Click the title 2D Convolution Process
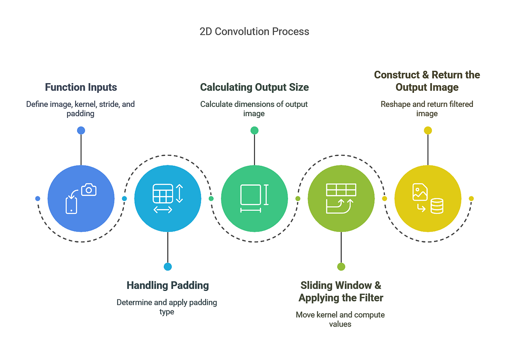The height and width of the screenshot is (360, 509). [254, 31]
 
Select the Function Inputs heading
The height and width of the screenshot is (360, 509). [81, 87]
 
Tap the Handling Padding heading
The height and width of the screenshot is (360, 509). [168, 285]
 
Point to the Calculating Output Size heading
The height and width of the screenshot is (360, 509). [255, 87]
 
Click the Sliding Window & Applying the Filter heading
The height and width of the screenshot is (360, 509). [341, 291]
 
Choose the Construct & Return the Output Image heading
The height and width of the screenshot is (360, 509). [427, 81]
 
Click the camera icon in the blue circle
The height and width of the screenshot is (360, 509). [89, 190]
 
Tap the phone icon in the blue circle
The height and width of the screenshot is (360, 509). [72, 205]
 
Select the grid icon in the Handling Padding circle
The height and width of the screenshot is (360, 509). [163, 193]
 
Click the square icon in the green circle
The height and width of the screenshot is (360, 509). [250, 195]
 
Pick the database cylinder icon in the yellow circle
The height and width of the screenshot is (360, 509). [437, 207]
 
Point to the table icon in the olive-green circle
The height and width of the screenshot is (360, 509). [341, 190]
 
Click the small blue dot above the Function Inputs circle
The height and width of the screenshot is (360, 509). [81, 131]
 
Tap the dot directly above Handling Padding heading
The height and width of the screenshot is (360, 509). [168, 266]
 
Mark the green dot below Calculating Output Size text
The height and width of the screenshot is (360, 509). [255, 131]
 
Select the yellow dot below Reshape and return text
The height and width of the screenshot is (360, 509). [428, 131]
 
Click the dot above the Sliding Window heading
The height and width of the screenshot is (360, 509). [341, 266]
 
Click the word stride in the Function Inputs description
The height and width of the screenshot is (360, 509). [101, 104]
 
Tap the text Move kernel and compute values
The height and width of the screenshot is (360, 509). [340, 319]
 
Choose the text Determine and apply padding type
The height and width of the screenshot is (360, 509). [167, 307]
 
